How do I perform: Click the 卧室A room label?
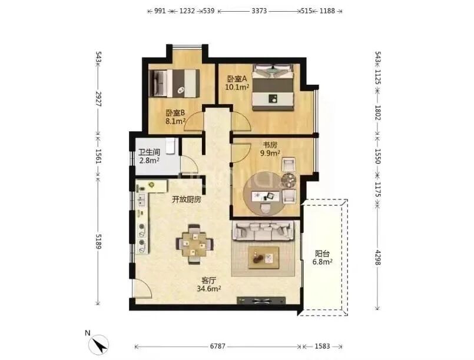[237, 79]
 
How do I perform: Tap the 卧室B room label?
[175, 114]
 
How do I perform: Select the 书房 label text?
[270, 145]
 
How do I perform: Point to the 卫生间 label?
[149, 152]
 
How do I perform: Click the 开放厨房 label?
[187, 199]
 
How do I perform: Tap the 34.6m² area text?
[209, 288]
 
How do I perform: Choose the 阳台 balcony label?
[322, 254]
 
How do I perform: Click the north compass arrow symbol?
[99, 345]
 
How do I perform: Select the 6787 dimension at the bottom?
[218, 346]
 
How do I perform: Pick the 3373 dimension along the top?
[259, 11]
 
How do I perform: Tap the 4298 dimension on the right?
[377, 257]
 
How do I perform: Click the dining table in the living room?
[195, 244]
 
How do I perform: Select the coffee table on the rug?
[264, 258]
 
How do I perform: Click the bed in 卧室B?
[174, 83]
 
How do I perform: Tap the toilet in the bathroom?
[170, 145]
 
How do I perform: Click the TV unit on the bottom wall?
[261, 301]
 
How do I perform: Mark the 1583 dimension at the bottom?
[322, 346]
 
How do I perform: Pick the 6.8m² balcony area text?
[323, 262]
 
